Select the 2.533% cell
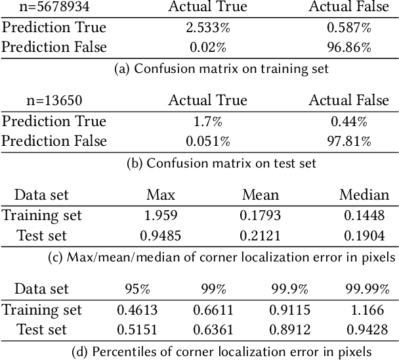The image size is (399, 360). [x=207, y=28]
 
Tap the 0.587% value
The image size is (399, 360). [x=348, y=28]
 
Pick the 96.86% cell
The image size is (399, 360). [x=348, y=47]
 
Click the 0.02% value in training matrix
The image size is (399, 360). [x=207, y=47]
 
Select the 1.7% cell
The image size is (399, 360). [x=207, y=122]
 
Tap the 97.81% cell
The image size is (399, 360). [x=348, y=141]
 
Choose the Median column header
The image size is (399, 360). [x=364, y=195]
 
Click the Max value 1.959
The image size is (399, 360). [x=161, y=215]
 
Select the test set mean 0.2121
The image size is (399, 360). [x=261, y=235]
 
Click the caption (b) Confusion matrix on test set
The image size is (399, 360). [x=221, y=163]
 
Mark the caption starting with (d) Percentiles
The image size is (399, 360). [x=221, y=351]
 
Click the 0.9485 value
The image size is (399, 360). [x=161, y=235]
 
